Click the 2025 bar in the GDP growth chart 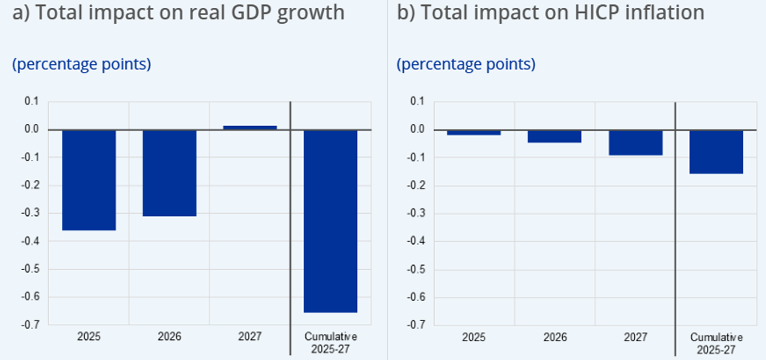pyautogui.click(x=89, y=180)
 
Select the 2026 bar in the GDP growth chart pyautogui.click(x=169, y=173)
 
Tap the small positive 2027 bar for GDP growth pyautogui.click(x=250, y=127)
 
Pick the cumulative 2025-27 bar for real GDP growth pyautogui.click(x=330, y=221)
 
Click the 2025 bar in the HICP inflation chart pyautogui.click(x=474, y=132)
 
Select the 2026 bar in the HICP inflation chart pyautogui.click(x=554, y=136)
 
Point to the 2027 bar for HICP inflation pyautogui.click(x=635, y=143)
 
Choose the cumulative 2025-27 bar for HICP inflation pyautogui.click(x=716, y=152)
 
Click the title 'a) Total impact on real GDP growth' pyautogui.click(x=179, y=13)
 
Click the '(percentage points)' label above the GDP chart pyautogui.click(x=81, y=64)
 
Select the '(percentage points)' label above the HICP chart pyautogui.click(x=466, y=64)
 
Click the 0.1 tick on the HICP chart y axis pyautogui.click(x=416, y=102)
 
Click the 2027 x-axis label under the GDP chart pyautogui.click(x=250, y=336)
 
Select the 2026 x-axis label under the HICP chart pyautogui.click(x=554, y=336)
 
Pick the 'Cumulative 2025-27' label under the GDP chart pyautogui.click(x=330, y=342)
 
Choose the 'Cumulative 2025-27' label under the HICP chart pyautogui.click(x=716, y=342)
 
